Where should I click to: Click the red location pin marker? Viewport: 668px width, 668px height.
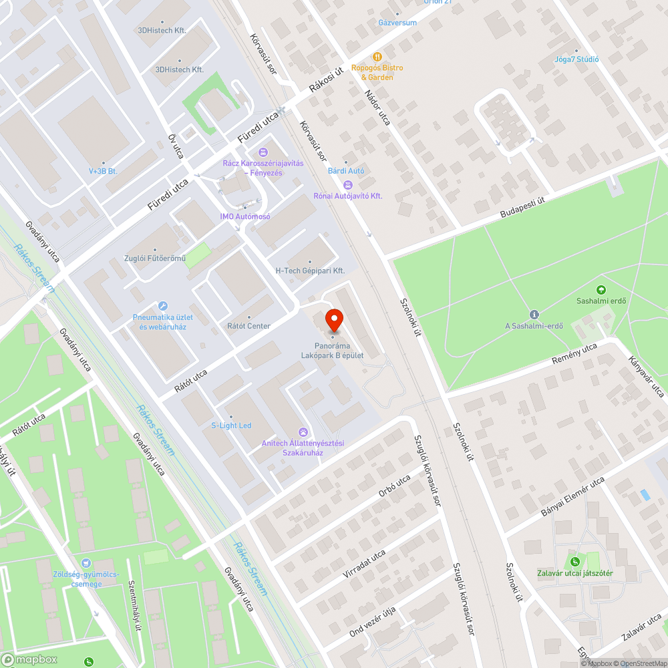coord(333,321)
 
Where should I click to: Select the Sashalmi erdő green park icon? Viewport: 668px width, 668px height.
coord(601,290)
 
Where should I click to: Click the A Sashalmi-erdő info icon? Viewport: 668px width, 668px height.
coord(534,315)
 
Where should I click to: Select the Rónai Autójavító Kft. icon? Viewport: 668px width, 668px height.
coord(347,185)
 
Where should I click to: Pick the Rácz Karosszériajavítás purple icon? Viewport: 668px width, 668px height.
coord(263,152)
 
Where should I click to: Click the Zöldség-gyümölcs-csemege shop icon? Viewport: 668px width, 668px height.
coord(86,564)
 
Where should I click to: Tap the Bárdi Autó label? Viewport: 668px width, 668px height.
coord(346,171)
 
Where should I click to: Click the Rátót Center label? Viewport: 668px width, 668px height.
coord(249,326)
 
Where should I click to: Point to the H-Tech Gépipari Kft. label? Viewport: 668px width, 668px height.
coord(310,271)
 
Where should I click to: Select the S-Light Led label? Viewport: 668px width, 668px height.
coord(231,426)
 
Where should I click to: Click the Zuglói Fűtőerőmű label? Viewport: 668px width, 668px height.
coord(154,259)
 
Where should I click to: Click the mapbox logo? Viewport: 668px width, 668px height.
coord(30,659)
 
